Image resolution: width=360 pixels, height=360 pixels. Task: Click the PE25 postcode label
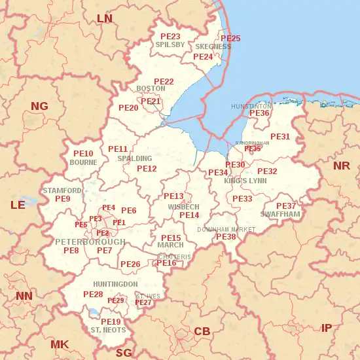230,39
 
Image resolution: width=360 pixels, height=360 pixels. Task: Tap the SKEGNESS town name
213,47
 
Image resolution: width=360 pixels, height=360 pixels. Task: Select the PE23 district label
170,36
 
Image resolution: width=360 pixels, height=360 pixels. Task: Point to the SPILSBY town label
170,45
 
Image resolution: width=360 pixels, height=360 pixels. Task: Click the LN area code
105,18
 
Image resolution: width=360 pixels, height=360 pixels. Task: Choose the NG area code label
39,105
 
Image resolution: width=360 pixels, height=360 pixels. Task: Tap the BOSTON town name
151,89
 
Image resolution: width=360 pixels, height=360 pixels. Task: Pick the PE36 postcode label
260,113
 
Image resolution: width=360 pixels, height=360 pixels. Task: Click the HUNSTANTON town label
251,106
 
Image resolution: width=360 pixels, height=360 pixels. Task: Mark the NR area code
341,166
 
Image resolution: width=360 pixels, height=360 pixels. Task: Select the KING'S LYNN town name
245,181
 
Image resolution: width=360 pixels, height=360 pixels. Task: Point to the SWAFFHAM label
280,214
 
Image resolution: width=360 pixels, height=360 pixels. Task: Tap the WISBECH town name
183,207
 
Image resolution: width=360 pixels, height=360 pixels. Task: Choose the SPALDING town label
134,158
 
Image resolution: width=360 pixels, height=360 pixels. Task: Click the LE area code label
18,205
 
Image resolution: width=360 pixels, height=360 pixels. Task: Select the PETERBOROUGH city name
90,242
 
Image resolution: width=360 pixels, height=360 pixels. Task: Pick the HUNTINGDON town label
115,283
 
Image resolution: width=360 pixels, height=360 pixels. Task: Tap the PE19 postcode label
111,321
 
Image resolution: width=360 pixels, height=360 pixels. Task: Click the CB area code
202,332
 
